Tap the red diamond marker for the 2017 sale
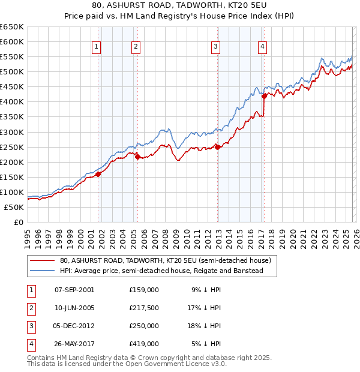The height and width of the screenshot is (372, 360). (x=264, y=95)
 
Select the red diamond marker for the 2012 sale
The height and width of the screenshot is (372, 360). (x=217, y=146)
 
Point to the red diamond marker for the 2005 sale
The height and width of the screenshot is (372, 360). (x=137, y=157)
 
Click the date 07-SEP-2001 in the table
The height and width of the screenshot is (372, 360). (x=74, y=289)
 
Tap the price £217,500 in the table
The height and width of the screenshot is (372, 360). (x=144, y=307)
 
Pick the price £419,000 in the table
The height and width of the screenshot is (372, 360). (x=144, y=344)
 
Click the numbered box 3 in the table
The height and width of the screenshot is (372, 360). (x=29, y=326)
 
